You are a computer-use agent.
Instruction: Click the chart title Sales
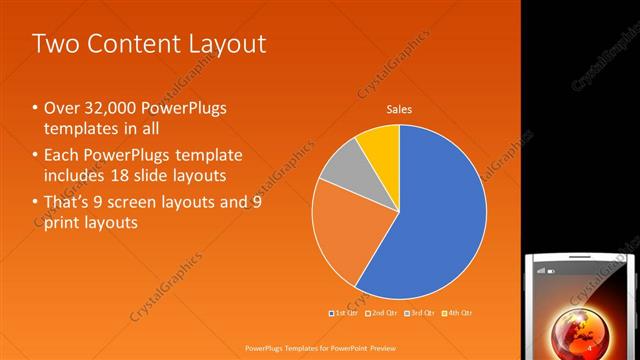pyautogui.click(x=399, y=110)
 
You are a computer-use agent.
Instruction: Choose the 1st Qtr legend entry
pyautogui.click(x=344, y=313)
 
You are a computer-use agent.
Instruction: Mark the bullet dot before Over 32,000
pyautogui.click(x=36, y=108)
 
